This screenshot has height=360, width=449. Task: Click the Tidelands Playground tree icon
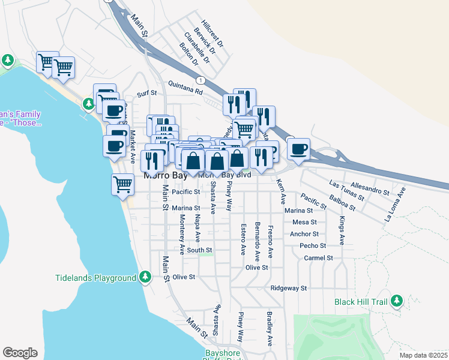click(145, 277)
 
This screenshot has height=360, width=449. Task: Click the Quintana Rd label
click(185, 88)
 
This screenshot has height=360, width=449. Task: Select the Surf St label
click(146, 94)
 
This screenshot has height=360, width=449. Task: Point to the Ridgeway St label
click(289, 288)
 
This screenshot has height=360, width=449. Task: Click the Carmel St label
click(318, 257)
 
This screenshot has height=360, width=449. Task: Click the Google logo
click(20, 353)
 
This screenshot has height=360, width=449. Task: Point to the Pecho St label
click(313, 245)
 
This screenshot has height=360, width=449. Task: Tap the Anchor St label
click(304, 234)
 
